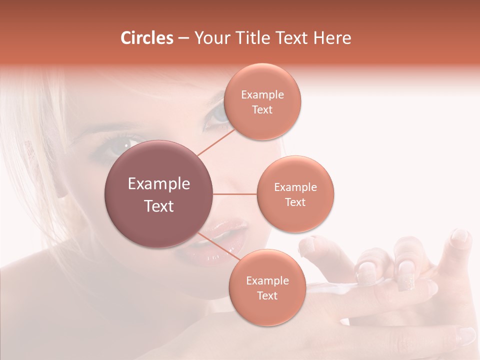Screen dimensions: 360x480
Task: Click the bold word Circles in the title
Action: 146,38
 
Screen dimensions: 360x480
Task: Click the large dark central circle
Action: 159,194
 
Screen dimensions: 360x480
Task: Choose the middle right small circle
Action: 295,194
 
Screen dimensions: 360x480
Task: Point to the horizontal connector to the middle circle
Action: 235,194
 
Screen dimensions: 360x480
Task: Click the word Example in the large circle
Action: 159,184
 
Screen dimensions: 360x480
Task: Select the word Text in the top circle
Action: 262,109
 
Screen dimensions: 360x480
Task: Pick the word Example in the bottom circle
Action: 267,280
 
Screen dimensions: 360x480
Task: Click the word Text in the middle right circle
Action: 295,202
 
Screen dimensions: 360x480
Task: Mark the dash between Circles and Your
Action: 183,38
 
